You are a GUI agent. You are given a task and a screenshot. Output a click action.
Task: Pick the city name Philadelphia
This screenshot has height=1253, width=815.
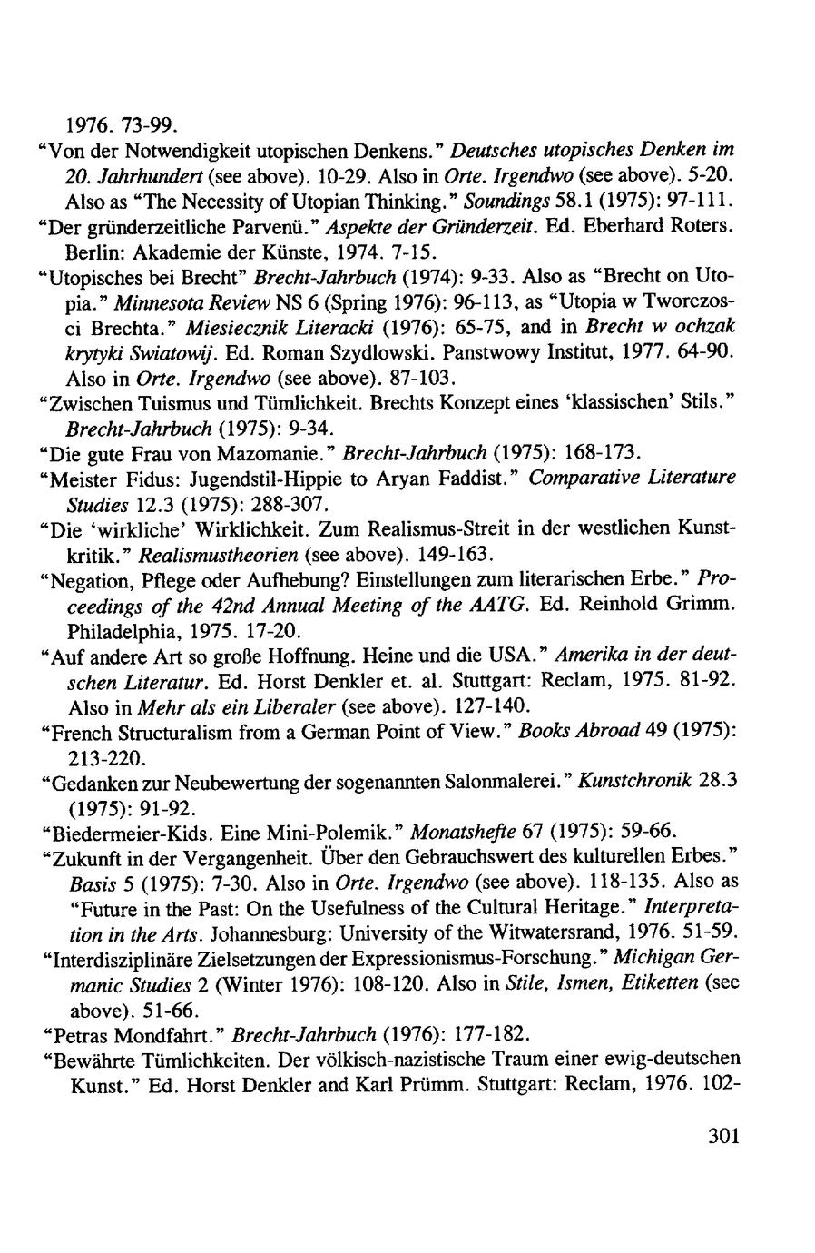coord(128,627)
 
